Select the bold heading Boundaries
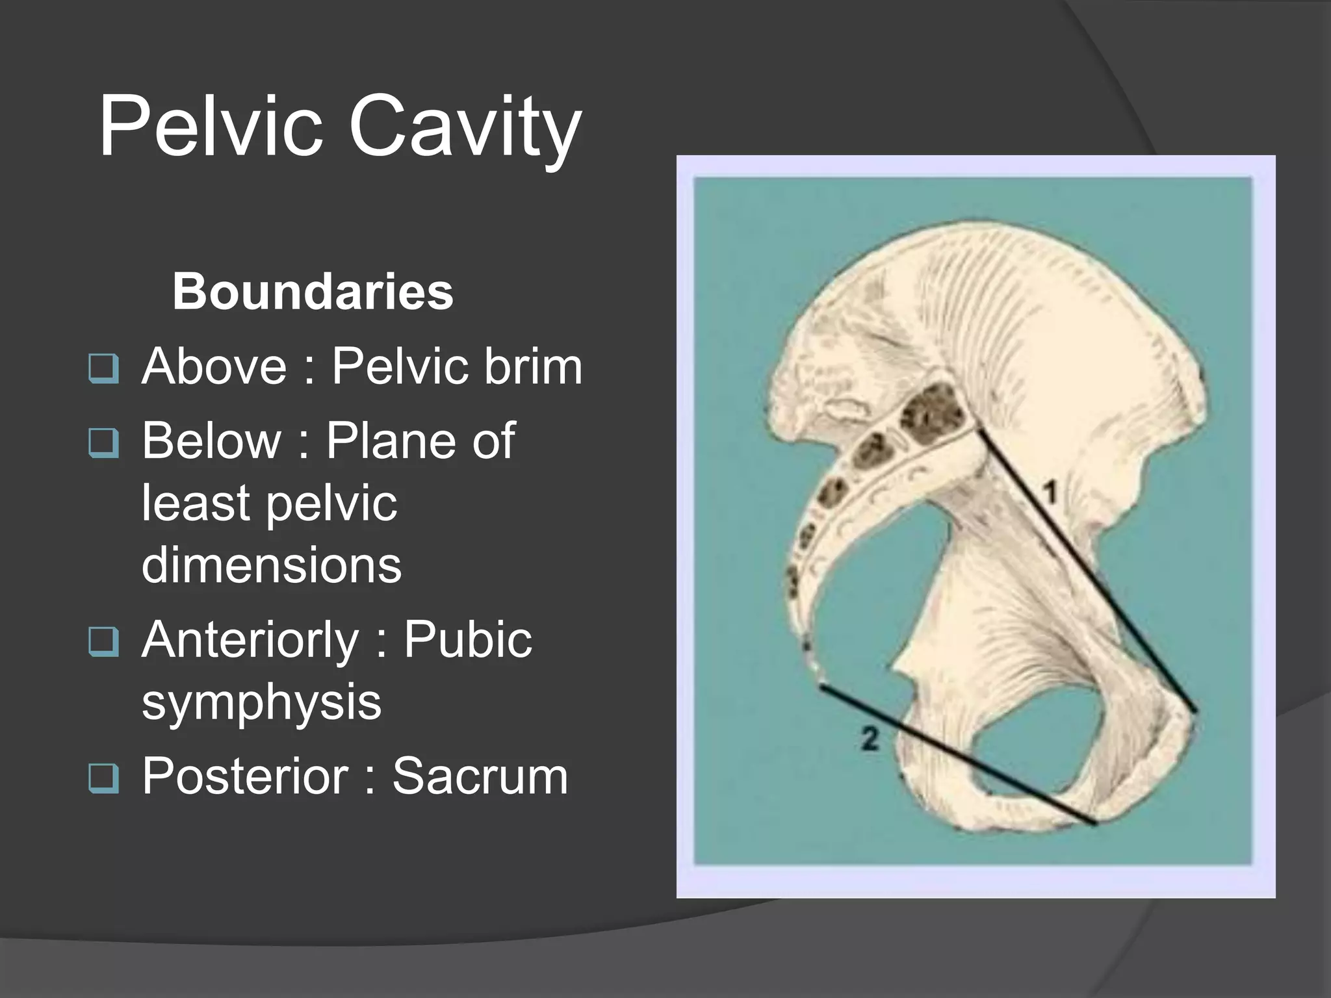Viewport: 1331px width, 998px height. [313, 292]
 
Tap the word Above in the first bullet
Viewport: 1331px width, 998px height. [214, 366]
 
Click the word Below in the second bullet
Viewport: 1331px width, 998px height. [212, 441]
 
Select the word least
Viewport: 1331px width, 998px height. [195, 502]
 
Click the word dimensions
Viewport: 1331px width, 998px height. [272, 565]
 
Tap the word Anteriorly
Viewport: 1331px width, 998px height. [250, 639]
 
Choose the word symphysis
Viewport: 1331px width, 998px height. [261, 702]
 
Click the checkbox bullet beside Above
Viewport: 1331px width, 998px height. [103, 369]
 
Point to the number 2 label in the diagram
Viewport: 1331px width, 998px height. [870, 739]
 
